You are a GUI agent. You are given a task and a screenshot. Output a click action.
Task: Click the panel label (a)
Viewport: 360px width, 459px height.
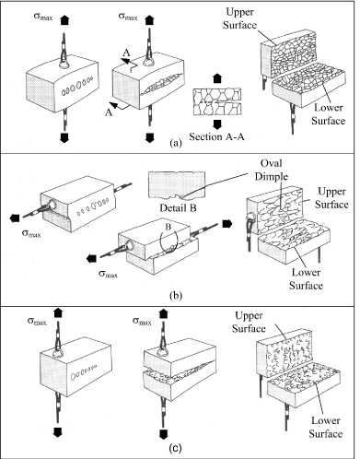(x=176, y=143)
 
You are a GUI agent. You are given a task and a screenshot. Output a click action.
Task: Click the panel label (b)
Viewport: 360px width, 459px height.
(x=176, y=296)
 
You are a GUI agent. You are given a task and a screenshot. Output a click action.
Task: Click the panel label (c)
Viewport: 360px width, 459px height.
(x=176, y=448)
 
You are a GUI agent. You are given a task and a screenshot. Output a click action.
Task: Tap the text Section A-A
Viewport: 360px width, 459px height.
(x=216, y=136)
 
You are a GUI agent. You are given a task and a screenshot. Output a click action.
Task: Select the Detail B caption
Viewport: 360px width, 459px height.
(x=178, y=208)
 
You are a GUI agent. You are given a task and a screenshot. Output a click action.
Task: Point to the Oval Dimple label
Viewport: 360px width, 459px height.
(x=272, y=170)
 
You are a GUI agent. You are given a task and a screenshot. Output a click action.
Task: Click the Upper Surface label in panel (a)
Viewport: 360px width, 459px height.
(x=239, y=18)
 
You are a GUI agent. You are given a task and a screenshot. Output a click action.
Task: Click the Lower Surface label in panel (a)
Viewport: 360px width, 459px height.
(x=329, y=114)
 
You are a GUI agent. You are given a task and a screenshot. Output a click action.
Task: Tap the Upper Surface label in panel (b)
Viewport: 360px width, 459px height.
(x=331, y=198)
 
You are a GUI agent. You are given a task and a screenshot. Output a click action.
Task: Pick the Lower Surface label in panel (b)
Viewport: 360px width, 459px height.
(x=306, y=279)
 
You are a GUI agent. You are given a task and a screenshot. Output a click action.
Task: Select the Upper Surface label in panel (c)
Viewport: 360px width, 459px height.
(x=249, y=322)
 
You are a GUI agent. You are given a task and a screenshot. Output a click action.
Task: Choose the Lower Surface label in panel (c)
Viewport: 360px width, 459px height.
(x=326, y=428)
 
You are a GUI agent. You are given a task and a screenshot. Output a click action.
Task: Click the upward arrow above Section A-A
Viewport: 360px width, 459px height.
(x=217, y=78)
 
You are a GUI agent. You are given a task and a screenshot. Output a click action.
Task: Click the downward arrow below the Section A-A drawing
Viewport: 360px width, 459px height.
(x=217, y=124)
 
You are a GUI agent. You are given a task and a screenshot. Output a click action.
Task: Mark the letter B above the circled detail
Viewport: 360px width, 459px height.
(x=168, y=228)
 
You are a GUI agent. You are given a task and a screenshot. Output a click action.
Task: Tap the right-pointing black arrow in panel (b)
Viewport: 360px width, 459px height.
(x=227, y=223)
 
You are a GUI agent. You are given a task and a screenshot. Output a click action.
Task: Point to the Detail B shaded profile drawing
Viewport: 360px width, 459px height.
(x=177, y=184)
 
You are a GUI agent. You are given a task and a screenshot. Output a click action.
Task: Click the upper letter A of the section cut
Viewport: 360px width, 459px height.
(x=126, y=53)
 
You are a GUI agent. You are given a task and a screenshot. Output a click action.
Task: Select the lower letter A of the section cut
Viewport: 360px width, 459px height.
(x=109, y=112)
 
